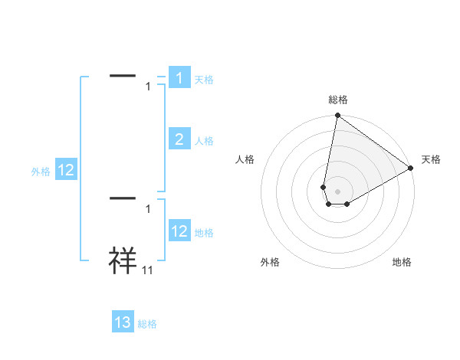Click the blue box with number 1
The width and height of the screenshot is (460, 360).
tap(179, 78)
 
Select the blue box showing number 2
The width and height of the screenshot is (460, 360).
tap(179, 139)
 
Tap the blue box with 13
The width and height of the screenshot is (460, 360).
tap(123, 322)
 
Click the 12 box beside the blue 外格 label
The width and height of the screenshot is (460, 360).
tap(66, 170)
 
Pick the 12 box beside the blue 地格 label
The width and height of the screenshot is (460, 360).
tap(179, 231)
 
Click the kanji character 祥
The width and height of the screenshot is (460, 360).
tap(123, 260)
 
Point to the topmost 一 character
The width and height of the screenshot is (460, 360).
tap(123, 76)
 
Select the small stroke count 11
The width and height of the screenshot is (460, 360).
tap(148, 270)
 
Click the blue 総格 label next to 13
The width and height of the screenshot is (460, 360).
tap(147, 324)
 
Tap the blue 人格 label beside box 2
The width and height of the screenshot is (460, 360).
tap(204, 141)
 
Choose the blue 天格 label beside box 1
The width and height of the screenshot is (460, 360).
tap(204, 80)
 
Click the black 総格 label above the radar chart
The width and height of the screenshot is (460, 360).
tap(337, 100)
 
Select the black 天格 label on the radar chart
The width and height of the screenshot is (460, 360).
tap(431, 159)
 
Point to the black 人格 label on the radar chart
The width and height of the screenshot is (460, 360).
tap(245, 159)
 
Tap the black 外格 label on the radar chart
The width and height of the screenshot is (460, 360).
tap(270, 262)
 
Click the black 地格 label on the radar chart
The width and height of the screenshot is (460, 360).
tap(402, 262)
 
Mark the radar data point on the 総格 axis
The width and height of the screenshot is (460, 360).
tap(337, 116)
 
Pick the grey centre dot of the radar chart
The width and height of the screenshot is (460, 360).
tap(337, 191)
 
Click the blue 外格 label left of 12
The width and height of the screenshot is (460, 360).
tap(41, 172)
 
